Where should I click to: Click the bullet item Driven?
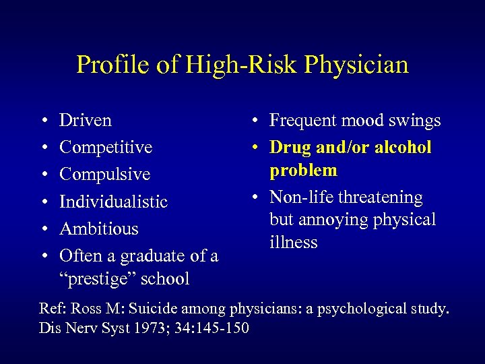[x=86, y=121]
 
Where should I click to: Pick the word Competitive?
[x=106, y=148]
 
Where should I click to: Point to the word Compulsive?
[x=104, y=175]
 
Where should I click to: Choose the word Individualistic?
[x=113, y=202]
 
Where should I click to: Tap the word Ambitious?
[x=99, y=229]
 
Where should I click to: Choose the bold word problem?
[x=303, y=171]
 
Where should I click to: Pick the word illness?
[x=293, y=242]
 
